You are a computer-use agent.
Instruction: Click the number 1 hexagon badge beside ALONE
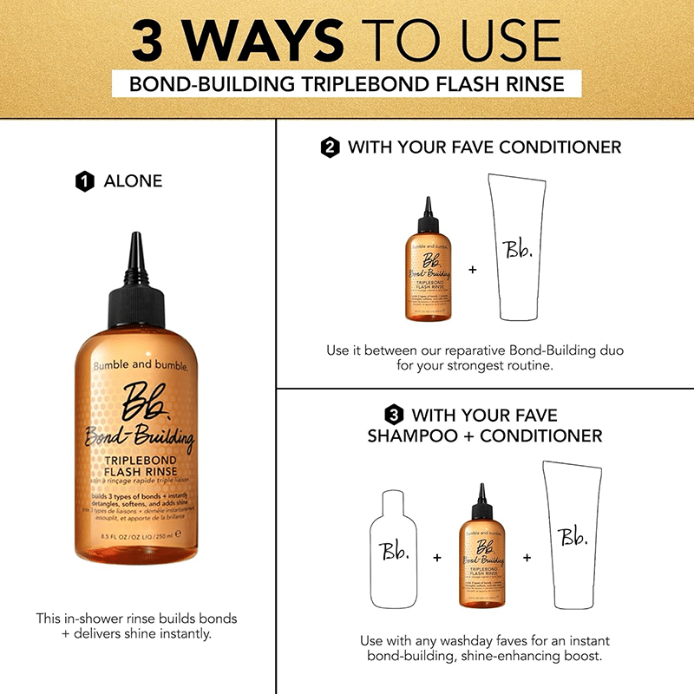click(x=84, y=181)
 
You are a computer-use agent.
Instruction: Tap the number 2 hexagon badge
click(x=330, y=147)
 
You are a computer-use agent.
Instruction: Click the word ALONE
click(x=133, y=181)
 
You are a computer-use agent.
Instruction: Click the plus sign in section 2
click(x=473, y=270)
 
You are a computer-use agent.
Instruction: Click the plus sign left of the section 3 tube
click(x=527, y=557)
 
